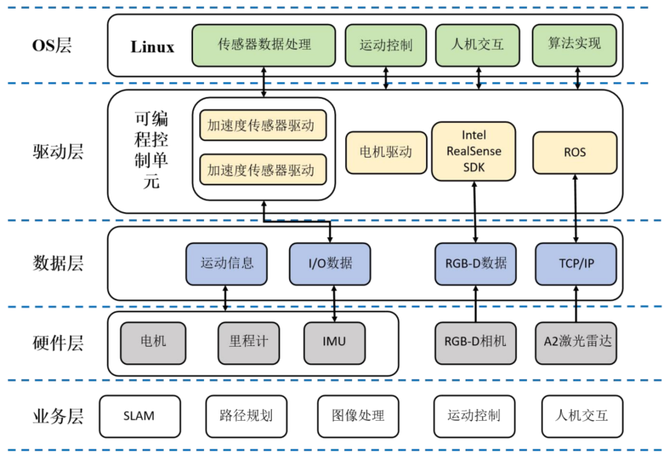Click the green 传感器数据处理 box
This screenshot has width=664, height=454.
(x=264, y=44)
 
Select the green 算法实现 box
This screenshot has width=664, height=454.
(x=574, y=44)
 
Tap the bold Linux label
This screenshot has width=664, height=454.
(x=152, y=47)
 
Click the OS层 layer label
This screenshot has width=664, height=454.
(x=51, y=45)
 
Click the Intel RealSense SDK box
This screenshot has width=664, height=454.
(x=473, y=151)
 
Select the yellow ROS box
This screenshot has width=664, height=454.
(x=574, y=152)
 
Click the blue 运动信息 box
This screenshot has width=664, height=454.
(x=227, y=263)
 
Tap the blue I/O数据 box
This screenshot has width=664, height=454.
(x=330, y=263)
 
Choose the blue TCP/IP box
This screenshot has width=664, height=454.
(x=575, y=263)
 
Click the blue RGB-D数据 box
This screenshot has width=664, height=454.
(x=475, y=263)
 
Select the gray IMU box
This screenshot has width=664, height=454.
(x=334, y=342)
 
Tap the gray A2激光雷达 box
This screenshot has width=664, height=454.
(x=577, y=342)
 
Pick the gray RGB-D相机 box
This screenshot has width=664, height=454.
(x=475, y=342)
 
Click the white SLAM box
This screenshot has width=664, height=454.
(x=139, y=415)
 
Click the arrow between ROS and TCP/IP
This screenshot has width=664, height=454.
(x=575, y=208)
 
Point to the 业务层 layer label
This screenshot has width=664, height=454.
(x=57, y=416)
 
